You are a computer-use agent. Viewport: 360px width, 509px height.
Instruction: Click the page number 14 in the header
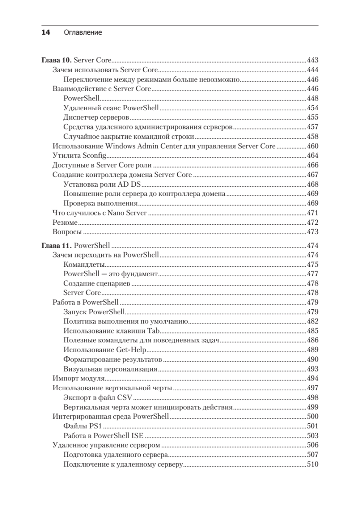point(46,33)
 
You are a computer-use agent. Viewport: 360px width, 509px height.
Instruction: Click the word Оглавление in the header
point(83,33)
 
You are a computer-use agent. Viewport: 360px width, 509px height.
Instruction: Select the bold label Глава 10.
point(57,60)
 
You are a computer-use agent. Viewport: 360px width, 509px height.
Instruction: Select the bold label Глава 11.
point(57,245)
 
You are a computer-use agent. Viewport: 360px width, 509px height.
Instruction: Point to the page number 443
point(312,60)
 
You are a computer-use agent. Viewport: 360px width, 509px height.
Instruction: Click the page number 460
point(312,146)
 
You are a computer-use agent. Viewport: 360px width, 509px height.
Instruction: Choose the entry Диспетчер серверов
point(96,117)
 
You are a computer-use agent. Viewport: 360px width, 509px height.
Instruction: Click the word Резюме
point(65,222)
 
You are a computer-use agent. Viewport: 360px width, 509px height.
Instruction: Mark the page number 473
point(312,232)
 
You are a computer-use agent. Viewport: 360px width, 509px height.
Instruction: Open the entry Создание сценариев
point(96,283)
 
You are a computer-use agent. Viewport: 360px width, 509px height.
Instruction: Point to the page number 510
point(312,464)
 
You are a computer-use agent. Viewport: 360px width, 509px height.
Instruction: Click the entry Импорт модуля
point(78,378)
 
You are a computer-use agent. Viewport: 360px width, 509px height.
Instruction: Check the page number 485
point(312,331)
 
